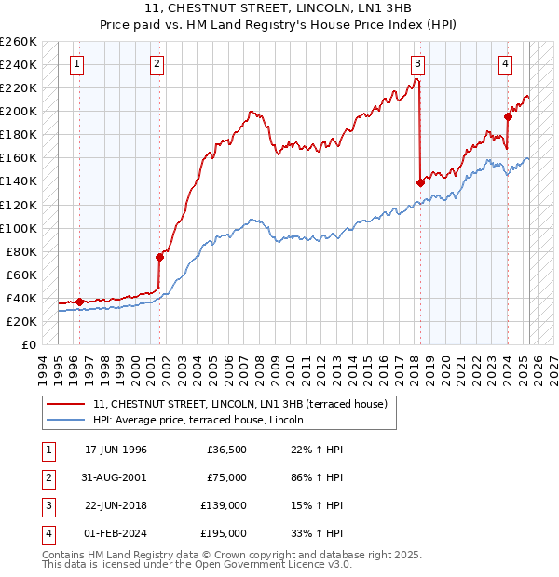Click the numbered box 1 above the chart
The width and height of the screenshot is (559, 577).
(x=75, y=64)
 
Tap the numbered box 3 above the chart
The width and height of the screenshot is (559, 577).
(x=417, y=64)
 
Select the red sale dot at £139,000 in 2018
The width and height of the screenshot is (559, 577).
(x=420, y=182)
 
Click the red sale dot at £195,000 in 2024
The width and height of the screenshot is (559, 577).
(x=508, y=116)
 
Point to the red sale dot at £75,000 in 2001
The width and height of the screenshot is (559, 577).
(x=159, y=257)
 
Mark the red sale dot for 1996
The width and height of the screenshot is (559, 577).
(x=79, y=302)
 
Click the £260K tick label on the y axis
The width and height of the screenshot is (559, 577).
(x=18, y=42)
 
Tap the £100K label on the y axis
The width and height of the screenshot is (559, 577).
(x=18, y=228)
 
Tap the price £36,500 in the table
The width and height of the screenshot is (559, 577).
(x=226, y=450)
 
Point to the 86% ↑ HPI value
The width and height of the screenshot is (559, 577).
(x=310, y=476)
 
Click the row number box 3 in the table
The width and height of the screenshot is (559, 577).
(x=47, y=505)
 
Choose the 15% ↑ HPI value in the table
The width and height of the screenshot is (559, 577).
(x=310, y=505)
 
